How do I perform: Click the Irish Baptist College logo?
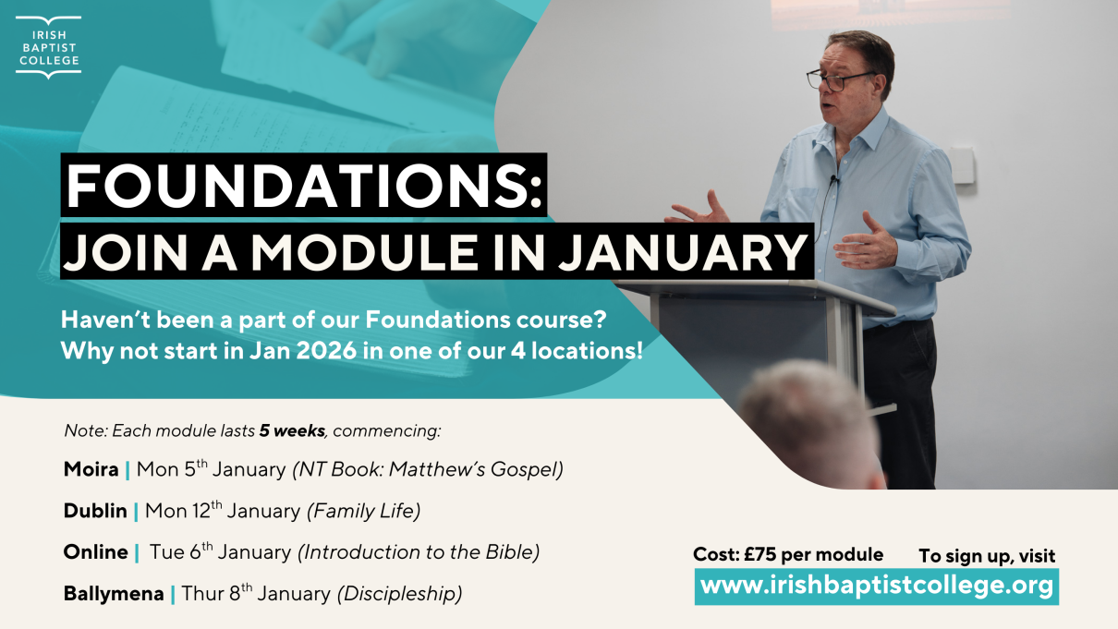[x=49, y=46]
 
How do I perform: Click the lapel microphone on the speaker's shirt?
[x=833, y=179]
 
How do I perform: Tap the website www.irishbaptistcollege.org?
[x=876, y=586]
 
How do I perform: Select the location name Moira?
[x=91, y=469]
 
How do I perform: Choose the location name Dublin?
[x=95, y=511]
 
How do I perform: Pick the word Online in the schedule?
[x=95, y=552]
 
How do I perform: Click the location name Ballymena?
[x=113, y=594]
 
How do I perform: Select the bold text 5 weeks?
[x=292, y=430]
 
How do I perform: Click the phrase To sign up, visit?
[x=986, y=556]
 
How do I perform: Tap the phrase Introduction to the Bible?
[x=418, y=552]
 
